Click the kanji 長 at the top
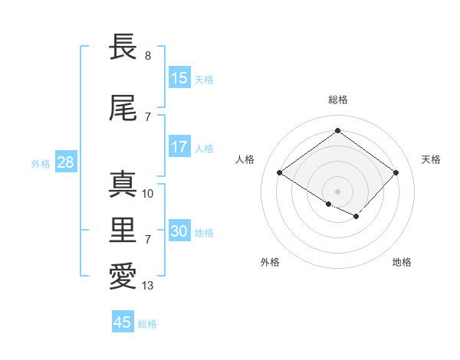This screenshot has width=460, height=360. (x=123, y=47)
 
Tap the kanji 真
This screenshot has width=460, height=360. (x=123, y=185)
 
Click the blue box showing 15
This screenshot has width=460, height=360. (x=179, y=78)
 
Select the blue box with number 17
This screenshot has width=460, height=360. (x=179, y=148)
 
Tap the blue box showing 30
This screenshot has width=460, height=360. (x=179, y=232)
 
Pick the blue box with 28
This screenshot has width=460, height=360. (x=65, y=163)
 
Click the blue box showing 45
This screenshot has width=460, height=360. (x=123, y=322)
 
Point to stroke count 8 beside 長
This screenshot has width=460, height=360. (x=148, y=56)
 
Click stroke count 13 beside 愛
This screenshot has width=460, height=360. (x=148, y=286)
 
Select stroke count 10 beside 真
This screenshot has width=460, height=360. (x=148, y=194)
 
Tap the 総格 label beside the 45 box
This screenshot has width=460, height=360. (x=147, y=324)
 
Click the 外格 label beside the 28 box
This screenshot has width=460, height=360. (x=41, y=164)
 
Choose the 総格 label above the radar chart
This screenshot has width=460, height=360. (x=337, y=100)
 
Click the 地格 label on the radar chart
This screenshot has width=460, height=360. (x=402, y=262)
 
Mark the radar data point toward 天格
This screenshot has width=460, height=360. (x=396, y=172)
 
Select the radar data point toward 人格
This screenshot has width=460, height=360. (x=280, y=172)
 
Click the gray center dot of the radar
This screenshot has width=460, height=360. (x=337, y=190)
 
